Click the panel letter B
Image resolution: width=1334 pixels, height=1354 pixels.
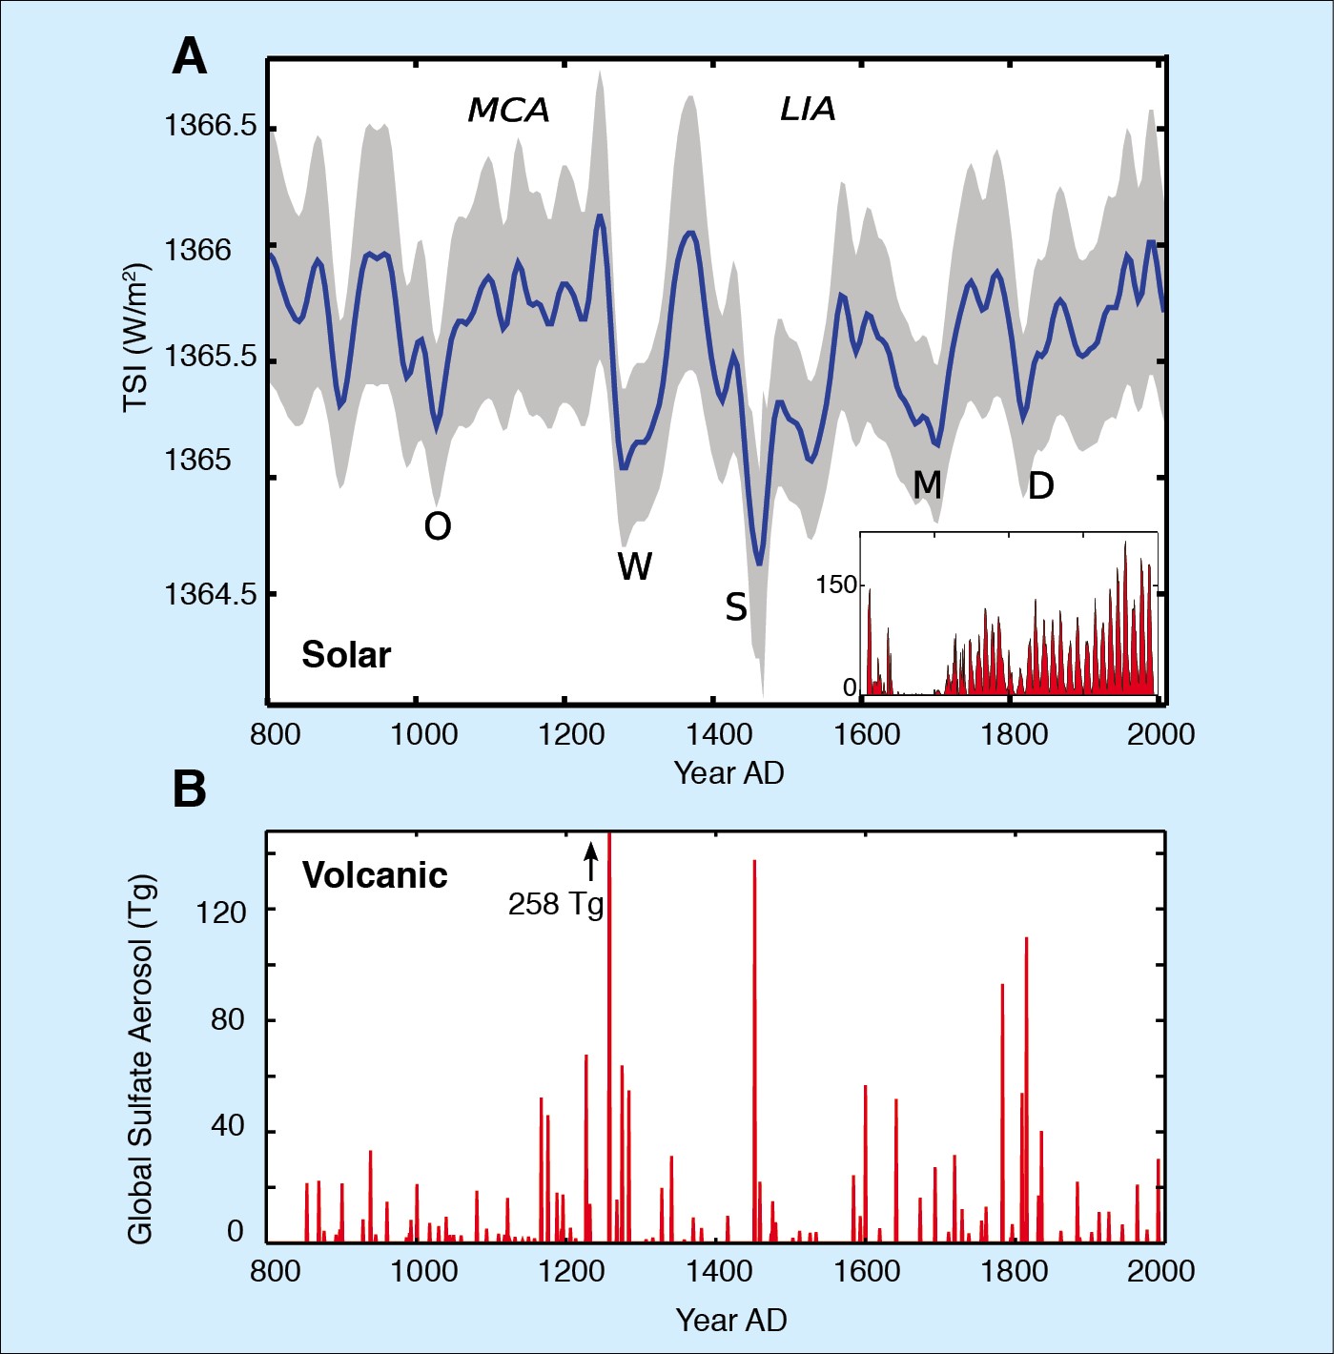(189, 789)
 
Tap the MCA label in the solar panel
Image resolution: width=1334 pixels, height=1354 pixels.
(508, 111)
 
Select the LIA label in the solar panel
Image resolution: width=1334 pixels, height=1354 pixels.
(808, 109)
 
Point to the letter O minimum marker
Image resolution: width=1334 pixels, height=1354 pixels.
(438, 526)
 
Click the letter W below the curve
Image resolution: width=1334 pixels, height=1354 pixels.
(634, 566)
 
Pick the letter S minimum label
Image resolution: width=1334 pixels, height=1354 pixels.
(735, 607)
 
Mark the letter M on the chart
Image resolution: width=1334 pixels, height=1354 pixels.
(927, 485)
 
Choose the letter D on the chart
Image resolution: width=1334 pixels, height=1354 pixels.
(1040, 486)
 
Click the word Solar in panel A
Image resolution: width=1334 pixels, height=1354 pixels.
(346, 655)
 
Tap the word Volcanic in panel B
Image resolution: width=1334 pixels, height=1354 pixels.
(375, 875)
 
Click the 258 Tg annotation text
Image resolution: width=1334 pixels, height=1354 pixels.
(555, 904)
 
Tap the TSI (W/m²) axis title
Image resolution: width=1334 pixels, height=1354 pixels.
(136, 336)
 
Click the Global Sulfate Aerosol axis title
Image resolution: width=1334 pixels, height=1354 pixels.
(140, 1058)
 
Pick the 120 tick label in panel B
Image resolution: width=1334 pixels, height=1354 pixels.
(221, 913)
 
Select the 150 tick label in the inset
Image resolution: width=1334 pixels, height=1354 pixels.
(835, 585)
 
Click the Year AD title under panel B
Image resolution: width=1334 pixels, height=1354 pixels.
(730, 1320)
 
